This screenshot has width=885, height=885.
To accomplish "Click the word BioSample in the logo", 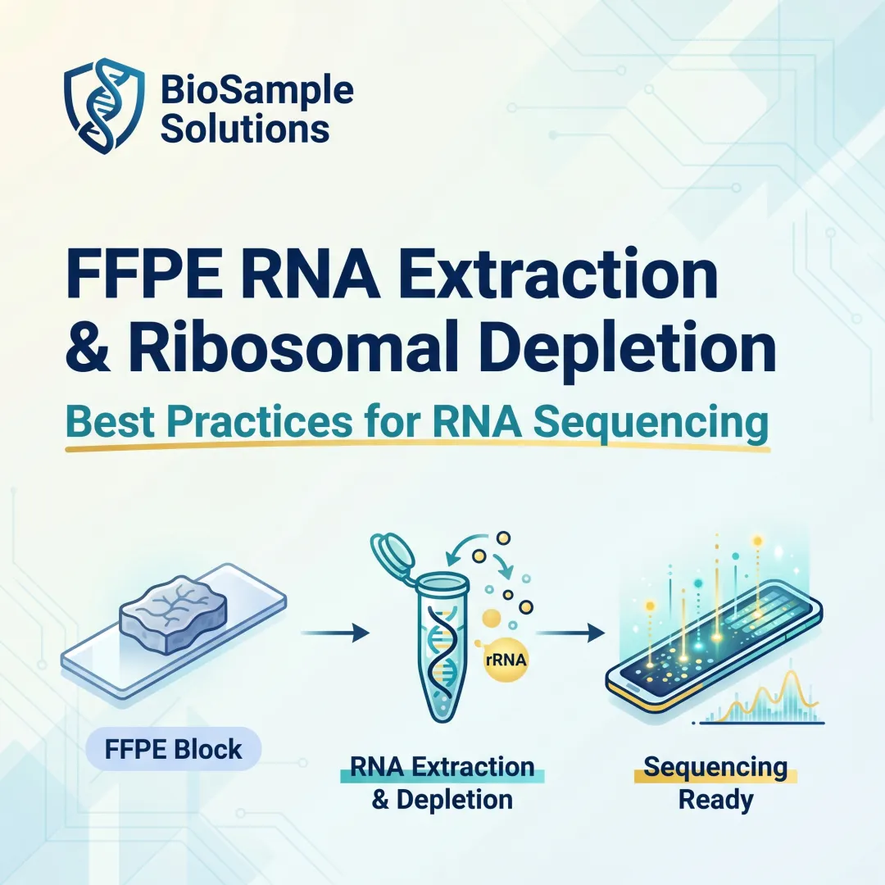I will coord(257,90).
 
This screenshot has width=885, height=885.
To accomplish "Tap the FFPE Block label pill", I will coord(173,749).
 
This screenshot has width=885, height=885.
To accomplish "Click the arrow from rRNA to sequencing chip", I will coord(570,632).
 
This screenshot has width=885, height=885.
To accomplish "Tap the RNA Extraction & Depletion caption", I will coord(442,783).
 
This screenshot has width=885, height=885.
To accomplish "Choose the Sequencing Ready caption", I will coord(715,783).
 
